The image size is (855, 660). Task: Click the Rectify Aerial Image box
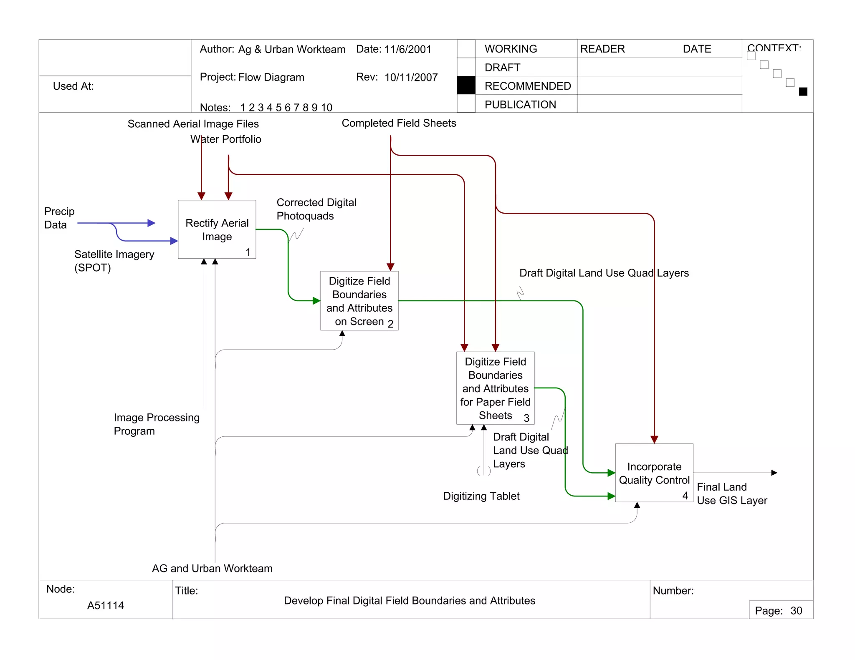pyautogui.click(x=217, y=229)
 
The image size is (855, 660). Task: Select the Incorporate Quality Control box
pyautogui.click(x=654, y=473)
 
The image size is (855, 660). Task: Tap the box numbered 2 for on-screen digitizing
pyautogui.click(x=359, y=300)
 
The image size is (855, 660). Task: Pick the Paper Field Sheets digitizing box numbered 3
pyautogui.click(x=495, y=388)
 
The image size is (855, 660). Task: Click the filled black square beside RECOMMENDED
pyautogui.click(x=466, y=86)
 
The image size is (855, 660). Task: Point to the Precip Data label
pyautogui.click(x=59, y=218)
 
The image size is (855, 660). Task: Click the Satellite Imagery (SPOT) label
pyautogui.click(x=114, y=261)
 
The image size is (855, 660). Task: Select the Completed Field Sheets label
pyautogui.click(x=399, y=123)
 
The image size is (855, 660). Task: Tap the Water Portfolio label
pyautogui.click(x=226, y=139)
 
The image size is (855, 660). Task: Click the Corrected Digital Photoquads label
pyautogui.click(x=316, y=209)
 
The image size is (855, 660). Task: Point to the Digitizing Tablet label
pyautogui.click(x=481, y=496)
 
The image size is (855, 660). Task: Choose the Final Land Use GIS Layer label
pyautogui.click(x=731, y=494)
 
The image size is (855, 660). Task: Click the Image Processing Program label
pyautogui.click(x=157, y=424)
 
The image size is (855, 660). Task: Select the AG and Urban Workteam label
pyautogui.click(x=212, y=568)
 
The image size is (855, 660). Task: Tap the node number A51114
pyautogui.click(x=105, y=605)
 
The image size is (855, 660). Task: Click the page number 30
pyautogui.click(x=796, y=611)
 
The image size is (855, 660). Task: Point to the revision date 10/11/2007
pyautogui.click(x=411, y=77)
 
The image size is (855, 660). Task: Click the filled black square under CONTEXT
pyautogui.click(x=803, y=92)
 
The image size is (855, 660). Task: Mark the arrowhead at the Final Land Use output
pyautogui.click(x=774, y=473)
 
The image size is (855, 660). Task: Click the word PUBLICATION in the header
pyautogui.click(x=520, y=104)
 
